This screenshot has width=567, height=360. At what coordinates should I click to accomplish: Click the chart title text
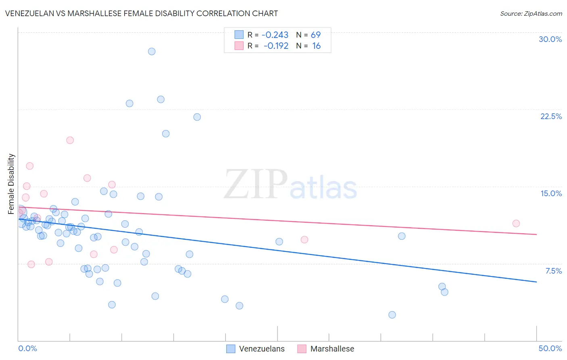pos(142,13)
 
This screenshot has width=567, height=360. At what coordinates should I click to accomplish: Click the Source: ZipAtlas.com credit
pos(531,14)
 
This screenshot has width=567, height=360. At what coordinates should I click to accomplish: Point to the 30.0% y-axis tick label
pos(550,39)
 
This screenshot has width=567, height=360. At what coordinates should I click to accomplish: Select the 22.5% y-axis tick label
pos(551,116)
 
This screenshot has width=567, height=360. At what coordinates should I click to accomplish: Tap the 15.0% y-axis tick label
pos(551,193)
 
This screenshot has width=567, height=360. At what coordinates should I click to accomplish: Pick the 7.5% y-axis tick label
pos(553,271)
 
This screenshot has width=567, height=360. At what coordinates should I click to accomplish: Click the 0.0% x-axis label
pos(27,348)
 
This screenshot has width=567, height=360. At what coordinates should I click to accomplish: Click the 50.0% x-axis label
pos(550,348)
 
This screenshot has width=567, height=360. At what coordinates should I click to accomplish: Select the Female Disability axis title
pos(11,184)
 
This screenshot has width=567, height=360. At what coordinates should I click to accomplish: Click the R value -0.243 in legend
pos(275,35)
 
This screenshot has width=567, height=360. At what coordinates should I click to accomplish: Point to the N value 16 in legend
pos(316,46)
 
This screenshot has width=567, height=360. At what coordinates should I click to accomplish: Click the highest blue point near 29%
pos(152,51)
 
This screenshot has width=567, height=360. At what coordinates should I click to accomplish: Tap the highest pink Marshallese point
pos(70,140)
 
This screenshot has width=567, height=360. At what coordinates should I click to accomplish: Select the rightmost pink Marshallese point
pos(516,224)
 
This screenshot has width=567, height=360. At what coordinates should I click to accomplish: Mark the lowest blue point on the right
pos(392,315)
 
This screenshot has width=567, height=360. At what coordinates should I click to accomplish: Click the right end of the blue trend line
pos(536,282)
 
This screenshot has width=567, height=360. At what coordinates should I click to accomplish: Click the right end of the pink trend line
pos(536,234)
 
